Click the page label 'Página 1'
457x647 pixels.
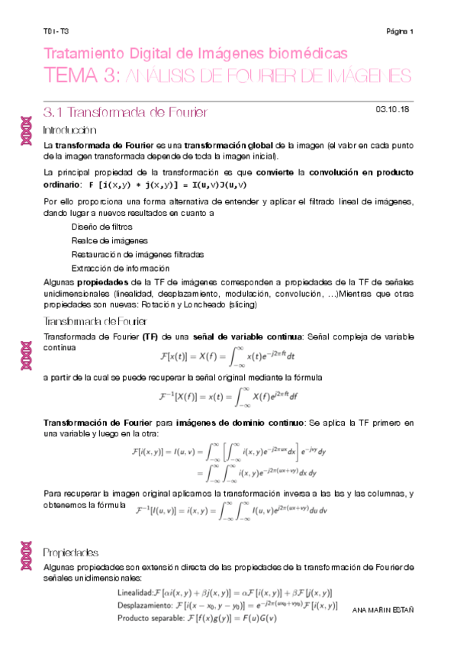(x=400, y=32)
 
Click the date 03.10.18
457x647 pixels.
(x=394, y=110)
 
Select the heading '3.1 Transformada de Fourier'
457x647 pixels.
(x=126, y=113)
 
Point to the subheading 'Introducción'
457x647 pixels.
(x=69, y=130)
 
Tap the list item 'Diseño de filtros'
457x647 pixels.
(x=101, y=227)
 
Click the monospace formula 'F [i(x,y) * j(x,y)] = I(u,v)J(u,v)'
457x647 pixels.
(x=168, y=185)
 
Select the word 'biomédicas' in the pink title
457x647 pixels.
(x=308, y=53)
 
